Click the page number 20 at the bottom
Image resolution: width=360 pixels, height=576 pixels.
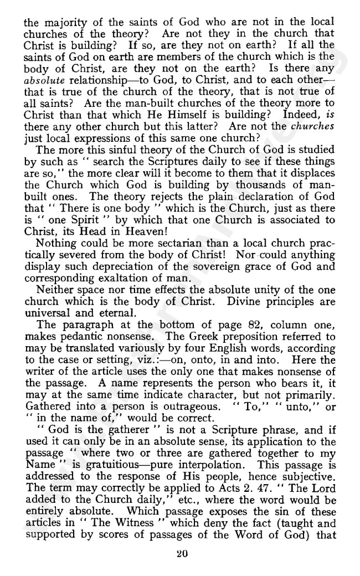tap(180, 552)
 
